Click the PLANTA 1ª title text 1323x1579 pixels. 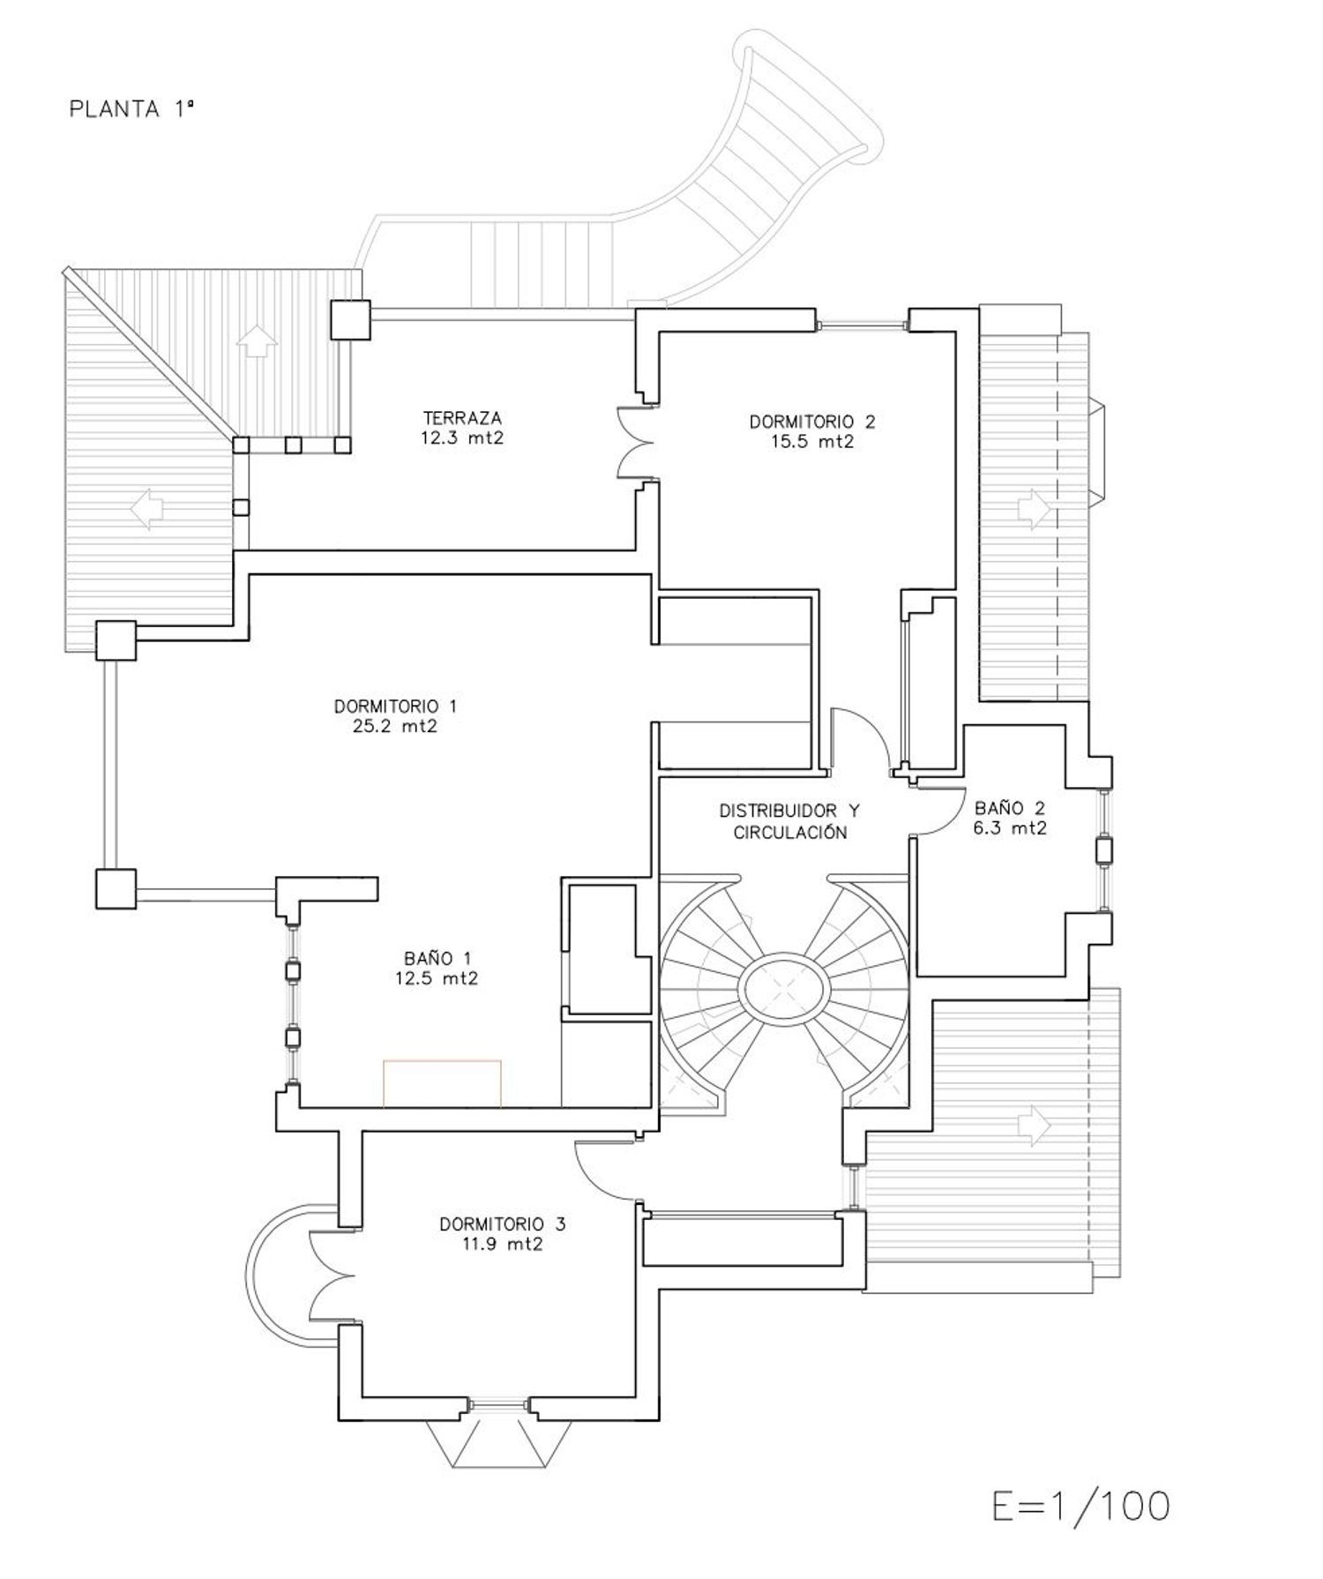point(131,109)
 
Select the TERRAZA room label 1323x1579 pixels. point(462,418)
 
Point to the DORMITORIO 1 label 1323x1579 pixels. point(395,707)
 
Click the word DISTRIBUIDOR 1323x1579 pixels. point(777,811)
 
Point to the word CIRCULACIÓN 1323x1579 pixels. point(790,832)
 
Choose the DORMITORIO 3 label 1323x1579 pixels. point(503,1224)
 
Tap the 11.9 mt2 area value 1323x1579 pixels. point(502,1245)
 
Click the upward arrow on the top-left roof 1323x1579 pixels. point(257,340)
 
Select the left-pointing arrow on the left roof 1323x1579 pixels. point(147,509)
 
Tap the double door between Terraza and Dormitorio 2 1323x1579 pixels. point(636,443)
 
